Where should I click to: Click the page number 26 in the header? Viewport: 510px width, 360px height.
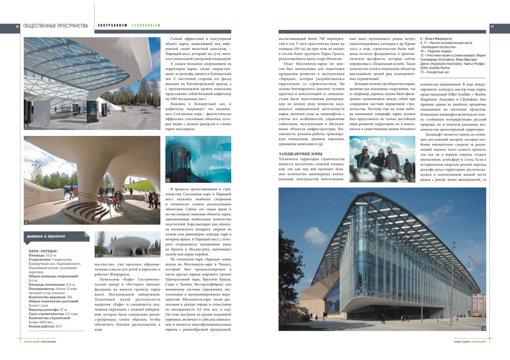click(x=17, y=26)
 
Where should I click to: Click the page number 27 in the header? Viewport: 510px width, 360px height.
click(x=492, y=26)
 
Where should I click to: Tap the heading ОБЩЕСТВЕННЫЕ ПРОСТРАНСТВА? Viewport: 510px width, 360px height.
click(x=56, y=26)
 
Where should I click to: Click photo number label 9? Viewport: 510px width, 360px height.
click(x=26, y=222)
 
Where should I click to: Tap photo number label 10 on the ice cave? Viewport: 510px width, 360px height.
click(x=168, y=179)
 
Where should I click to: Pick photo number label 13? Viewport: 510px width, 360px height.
click(x=483, y=329)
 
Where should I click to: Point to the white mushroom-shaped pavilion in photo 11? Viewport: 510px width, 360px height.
click(x=128, y=245)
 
